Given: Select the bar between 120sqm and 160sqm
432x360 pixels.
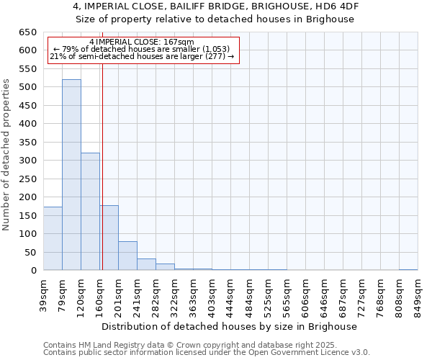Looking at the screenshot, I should [x=90, y=212].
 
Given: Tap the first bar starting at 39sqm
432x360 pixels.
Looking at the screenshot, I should [x=53, y=238].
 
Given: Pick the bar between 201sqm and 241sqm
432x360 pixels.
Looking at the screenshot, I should [x=127, y=256].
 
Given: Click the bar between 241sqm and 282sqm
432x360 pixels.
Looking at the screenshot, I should [x=146, y=264].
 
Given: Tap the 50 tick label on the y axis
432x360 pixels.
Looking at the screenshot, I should [x=30, y=252].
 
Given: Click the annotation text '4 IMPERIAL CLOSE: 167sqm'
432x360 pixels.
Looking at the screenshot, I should [x=142, y=42].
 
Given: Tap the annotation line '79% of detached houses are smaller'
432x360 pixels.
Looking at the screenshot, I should [x=142, y=49].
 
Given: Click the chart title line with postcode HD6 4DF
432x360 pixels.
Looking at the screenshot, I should [x=215, y=6].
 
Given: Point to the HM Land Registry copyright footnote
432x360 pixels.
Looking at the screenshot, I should [x=205, y=345].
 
